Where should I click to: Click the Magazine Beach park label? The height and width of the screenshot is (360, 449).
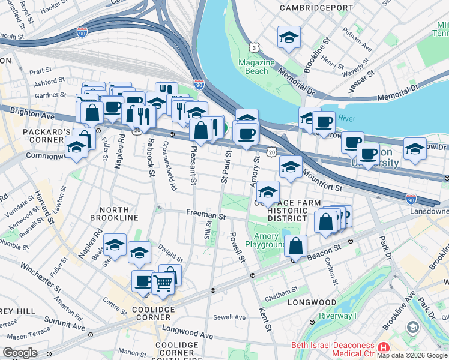click(256, 67)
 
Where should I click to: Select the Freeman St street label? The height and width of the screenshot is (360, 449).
click(205, 214)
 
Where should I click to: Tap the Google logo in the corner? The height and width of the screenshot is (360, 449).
click(20, 352)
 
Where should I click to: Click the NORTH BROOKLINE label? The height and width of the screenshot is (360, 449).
click(114, 217)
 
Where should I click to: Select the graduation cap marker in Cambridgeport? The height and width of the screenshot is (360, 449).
click(289, 38)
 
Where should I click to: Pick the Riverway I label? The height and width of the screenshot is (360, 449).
click(337, 316)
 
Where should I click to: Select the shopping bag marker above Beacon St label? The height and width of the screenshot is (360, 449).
click(297, 245)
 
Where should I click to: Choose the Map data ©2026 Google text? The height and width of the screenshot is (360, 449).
click(412, 355)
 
